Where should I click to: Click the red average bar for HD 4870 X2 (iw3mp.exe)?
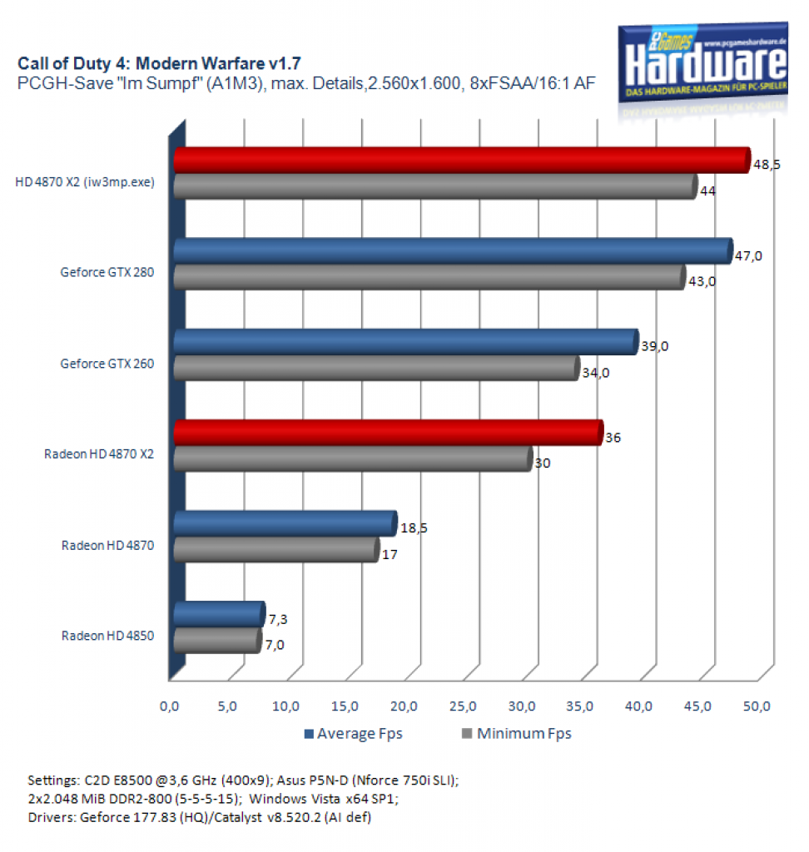[x=462, y=161]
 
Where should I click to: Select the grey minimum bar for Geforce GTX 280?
[x=429, y=277]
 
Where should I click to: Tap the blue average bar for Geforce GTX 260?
[x=406, y=342]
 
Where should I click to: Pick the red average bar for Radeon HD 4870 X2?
[x=389, y=433]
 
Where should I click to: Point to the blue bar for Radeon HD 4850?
[x=220, y=615]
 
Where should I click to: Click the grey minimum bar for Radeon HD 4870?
[x=276, y=550]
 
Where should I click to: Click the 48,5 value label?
[x=767, y=165]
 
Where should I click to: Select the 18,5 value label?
[x=414, y=528]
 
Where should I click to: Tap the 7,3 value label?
[x=278, y=619]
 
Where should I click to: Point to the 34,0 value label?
[x=596, y=373]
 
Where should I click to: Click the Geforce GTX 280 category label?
[x=107, y=272]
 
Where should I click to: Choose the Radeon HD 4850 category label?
[x=107, y=636]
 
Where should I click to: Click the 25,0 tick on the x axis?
[x=463, y=706]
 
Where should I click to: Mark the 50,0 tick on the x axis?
[x=757, y=706]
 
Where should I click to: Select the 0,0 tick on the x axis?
[x=169, y=706]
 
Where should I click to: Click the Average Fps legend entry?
[x=354, y=734]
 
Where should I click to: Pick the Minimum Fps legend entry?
[x=517, y=734]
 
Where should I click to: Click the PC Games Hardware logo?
[x=703, y=62]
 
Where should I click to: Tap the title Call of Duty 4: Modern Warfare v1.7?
[x=159, y=63]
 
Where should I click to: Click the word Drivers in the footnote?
[x=51, y=817]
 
